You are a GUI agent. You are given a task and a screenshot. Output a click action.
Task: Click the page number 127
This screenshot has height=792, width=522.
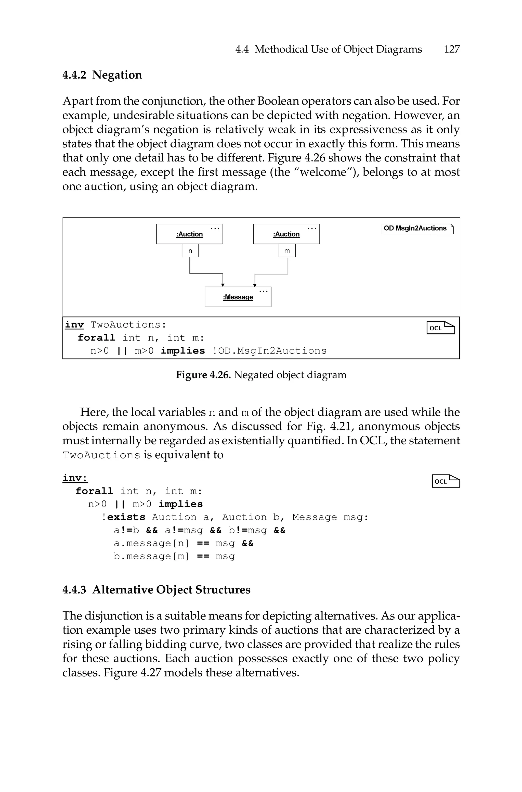pyautogui.click(x=451, y=49)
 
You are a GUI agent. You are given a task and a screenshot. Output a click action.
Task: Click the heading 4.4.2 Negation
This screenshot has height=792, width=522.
pyautogui.click(x=102, y=75)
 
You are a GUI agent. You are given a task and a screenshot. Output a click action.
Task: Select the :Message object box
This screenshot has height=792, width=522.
pyautogui.click(x=238, y=297)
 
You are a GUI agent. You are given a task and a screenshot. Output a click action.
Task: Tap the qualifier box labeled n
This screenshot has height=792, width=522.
pyautogui.click(x=190, y=251)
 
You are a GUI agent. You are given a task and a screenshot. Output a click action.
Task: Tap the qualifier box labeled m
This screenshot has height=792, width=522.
pyautogui.click(x=287, y=251)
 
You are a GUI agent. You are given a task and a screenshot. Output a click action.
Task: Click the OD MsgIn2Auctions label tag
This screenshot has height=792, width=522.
pyautogui.click(x=417, y=229)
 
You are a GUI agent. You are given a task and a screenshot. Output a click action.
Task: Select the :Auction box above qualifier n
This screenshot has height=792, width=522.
pyautogui.click(x=189, y=234)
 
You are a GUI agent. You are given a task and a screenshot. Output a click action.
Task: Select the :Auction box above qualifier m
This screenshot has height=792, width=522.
pyautogui.click(x=286, y=234)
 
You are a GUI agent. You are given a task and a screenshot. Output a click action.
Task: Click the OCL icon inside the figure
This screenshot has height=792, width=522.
pyautogui.click(x=440, y=328)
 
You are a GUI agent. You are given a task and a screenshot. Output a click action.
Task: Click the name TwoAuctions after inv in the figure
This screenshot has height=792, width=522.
pyautogui.click(x=128, y=325)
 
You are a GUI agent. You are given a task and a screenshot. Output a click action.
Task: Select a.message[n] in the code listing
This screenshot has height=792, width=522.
pyautogui.click(x=151, y=544)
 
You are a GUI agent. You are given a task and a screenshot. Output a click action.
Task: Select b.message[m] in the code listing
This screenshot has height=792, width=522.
pyautogui.click(x=151, y=557)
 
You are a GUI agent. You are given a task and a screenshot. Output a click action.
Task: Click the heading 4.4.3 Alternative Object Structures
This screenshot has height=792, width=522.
pyautogui.click(x=156, y=589)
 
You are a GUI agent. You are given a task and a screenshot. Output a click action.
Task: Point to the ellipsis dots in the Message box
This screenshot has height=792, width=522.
pyautogui.click(x=263, y=292)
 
